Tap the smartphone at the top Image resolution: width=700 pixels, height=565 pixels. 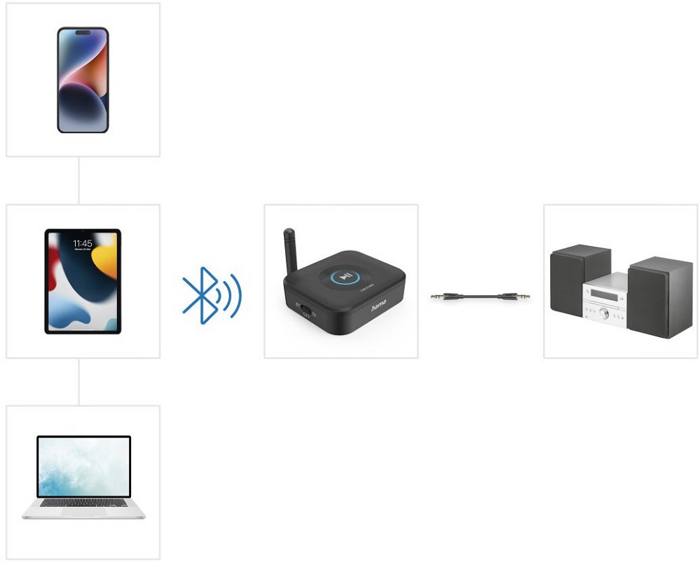point(83,80)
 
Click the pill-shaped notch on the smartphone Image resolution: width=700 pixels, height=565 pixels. point(83,32)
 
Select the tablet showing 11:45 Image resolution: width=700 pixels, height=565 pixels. point(83,281)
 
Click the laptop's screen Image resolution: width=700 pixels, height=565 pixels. point(83,466)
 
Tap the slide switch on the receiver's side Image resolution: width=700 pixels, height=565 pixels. point(306,309)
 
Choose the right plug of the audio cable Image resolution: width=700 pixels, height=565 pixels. point(521,297)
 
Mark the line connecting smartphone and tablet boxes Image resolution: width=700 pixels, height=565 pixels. point(78,180)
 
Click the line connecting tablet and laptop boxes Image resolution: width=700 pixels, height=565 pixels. point(78,382)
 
